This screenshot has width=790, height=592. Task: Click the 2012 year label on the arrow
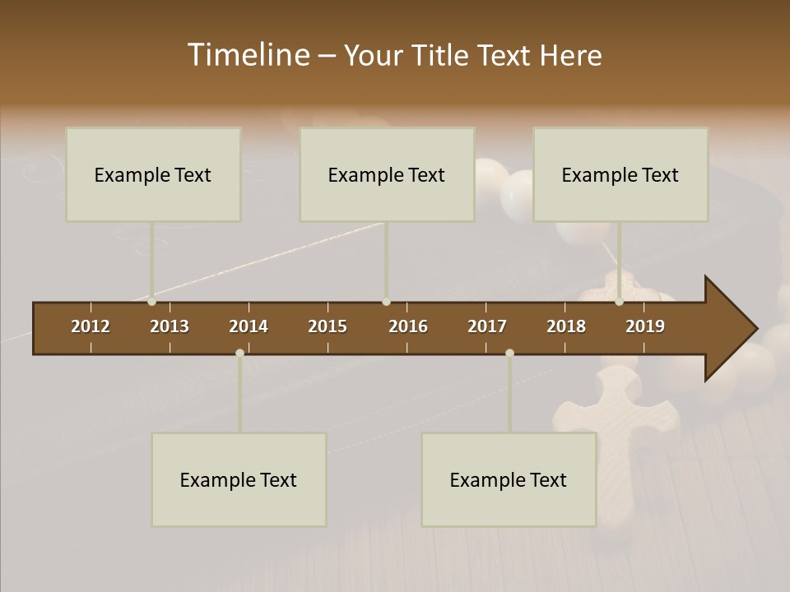point(91,326)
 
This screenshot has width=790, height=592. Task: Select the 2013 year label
point(170,326)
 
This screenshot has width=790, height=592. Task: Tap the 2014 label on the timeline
point(249,326)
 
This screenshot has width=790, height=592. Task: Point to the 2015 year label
point(328,326)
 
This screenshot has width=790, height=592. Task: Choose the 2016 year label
point(408,326)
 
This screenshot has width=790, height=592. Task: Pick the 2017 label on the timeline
point(487,326)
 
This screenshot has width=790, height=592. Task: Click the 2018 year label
point(566,326)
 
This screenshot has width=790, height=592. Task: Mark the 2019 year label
point(645,326)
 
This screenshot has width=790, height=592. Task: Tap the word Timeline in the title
point(247,55)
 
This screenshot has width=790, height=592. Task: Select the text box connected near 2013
point(153,174)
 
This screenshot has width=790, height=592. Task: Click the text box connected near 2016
point(387,174)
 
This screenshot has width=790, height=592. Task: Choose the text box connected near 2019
point(620,174)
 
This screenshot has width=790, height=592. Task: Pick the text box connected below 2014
point(239,479)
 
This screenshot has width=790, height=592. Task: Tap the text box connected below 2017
point(509,479)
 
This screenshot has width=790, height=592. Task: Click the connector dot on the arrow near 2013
point(151,302)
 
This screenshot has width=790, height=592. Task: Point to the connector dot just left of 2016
point(387,302)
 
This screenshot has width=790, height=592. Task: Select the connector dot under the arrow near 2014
point(239,353)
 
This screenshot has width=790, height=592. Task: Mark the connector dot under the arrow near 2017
point(509,353)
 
